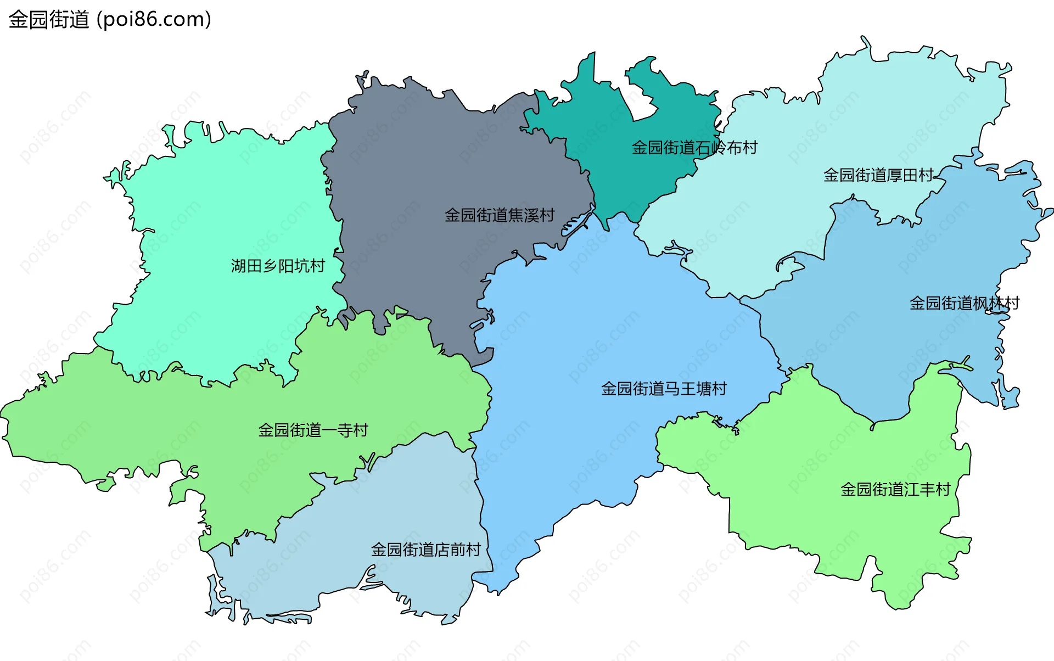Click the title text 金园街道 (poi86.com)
110,20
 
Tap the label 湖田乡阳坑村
278,266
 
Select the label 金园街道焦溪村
500,215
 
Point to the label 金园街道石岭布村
694,148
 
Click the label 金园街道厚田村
878,175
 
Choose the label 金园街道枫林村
965,303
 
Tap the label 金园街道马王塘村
664,389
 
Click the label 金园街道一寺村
313,430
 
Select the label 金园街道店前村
426,550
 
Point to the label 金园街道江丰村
895,489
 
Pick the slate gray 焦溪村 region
428,165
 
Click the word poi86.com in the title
154,20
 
